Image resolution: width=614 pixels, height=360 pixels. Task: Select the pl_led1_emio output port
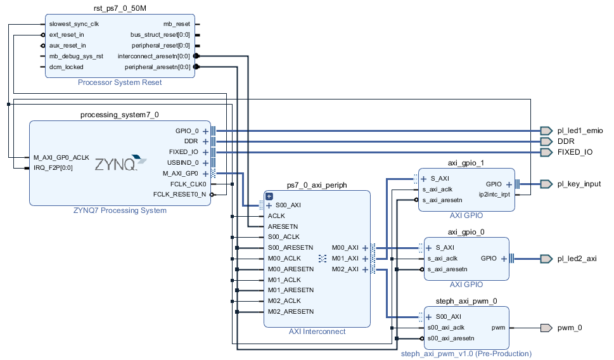(x=546, y=131)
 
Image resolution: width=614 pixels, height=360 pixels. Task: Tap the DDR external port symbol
(x=546, y=141)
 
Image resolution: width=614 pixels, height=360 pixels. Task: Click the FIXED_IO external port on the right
(x=546, y=152)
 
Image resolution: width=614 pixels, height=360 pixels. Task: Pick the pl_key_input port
(x=546, y=184)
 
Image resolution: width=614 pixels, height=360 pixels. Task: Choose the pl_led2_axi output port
(x=546, y=259)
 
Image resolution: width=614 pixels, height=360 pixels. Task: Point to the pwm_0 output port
(x=546, y=328)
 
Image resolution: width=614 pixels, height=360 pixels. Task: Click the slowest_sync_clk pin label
(x=74, y=24)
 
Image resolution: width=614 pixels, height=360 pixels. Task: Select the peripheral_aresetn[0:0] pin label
(x=157, y=67)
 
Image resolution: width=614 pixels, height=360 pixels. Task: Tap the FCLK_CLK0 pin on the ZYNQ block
(x=189, y=184)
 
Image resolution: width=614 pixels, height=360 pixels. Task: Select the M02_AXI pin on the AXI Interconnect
(x=345, y=269)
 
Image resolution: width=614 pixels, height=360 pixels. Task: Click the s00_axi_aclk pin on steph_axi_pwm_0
(x=447, y=328)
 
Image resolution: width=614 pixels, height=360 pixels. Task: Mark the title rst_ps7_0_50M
(x=119, y=8)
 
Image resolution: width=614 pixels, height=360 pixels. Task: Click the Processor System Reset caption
(x=119, y=82)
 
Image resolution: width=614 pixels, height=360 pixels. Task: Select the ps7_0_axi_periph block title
(x=317, y=184)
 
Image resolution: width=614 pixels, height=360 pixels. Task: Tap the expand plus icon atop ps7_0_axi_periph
(x=269, y=196)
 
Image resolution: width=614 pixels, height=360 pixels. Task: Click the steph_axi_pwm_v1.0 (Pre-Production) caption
(x=466, y=354)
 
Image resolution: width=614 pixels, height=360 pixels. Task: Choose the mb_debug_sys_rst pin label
(x=76, y=56)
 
